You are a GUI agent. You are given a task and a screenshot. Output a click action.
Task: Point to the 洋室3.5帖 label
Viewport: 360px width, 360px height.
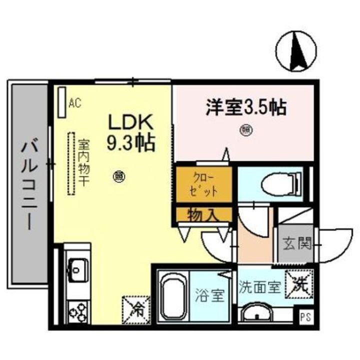pos(245,107)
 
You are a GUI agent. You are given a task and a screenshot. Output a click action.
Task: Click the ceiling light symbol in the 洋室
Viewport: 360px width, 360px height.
pos(246,131)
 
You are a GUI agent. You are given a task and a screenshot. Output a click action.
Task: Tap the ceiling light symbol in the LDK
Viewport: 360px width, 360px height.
pos(120,176)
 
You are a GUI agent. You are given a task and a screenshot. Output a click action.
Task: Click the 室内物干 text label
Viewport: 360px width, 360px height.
pos(83,162)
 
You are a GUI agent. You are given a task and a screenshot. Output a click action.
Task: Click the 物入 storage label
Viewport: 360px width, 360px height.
pos(203,215)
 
